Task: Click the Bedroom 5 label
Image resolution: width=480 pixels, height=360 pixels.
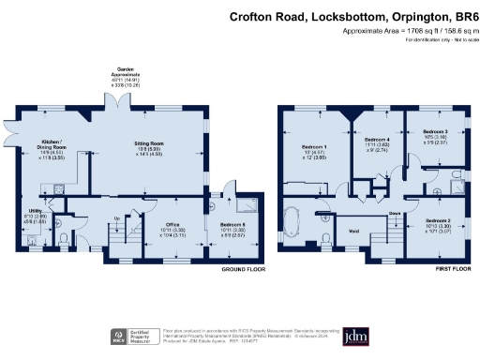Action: coord(232,225)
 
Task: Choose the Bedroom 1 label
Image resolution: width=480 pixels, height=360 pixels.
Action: coord(314,148)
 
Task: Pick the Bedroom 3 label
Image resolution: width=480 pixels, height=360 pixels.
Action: coord(434,131)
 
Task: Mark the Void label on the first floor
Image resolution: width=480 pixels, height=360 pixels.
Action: coord(354,230)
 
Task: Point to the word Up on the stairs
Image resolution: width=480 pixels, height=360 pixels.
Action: coord(116,220)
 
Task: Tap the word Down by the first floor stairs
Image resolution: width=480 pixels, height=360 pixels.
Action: coord(397,213)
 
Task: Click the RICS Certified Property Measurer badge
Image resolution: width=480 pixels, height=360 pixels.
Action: coord(137,335)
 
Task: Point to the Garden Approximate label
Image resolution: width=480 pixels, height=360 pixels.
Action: coord(120,75)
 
